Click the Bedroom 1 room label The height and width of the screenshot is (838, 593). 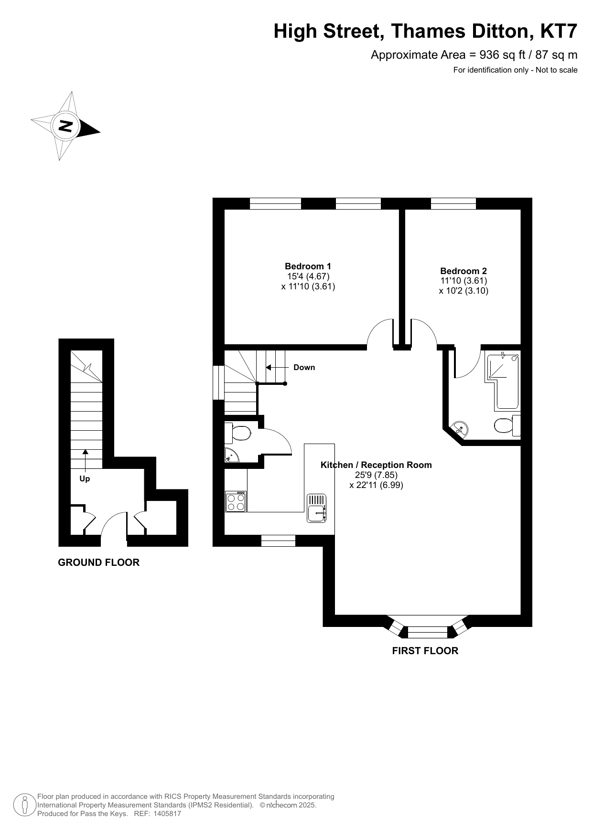308,266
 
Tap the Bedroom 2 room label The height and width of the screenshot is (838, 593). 464,271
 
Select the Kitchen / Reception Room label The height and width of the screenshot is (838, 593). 376,465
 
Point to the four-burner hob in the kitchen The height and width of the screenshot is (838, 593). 236,501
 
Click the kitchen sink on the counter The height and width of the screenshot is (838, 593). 316,507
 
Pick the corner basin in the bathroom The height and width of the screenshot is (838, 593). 460,427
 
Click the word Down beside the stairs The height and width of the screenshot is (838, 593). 304,367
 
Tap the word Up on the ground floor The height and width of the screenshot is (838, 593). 85,478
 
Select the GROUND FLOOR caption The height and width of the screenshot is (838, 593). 99,562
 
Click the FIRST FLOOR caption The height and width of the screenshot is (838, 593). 425,651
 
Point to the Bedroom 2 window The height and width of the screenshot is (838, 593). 453,203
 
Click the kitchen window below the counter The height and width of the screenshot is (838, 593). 278,541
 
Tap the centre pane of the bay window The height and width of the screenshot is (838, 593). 428,633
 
